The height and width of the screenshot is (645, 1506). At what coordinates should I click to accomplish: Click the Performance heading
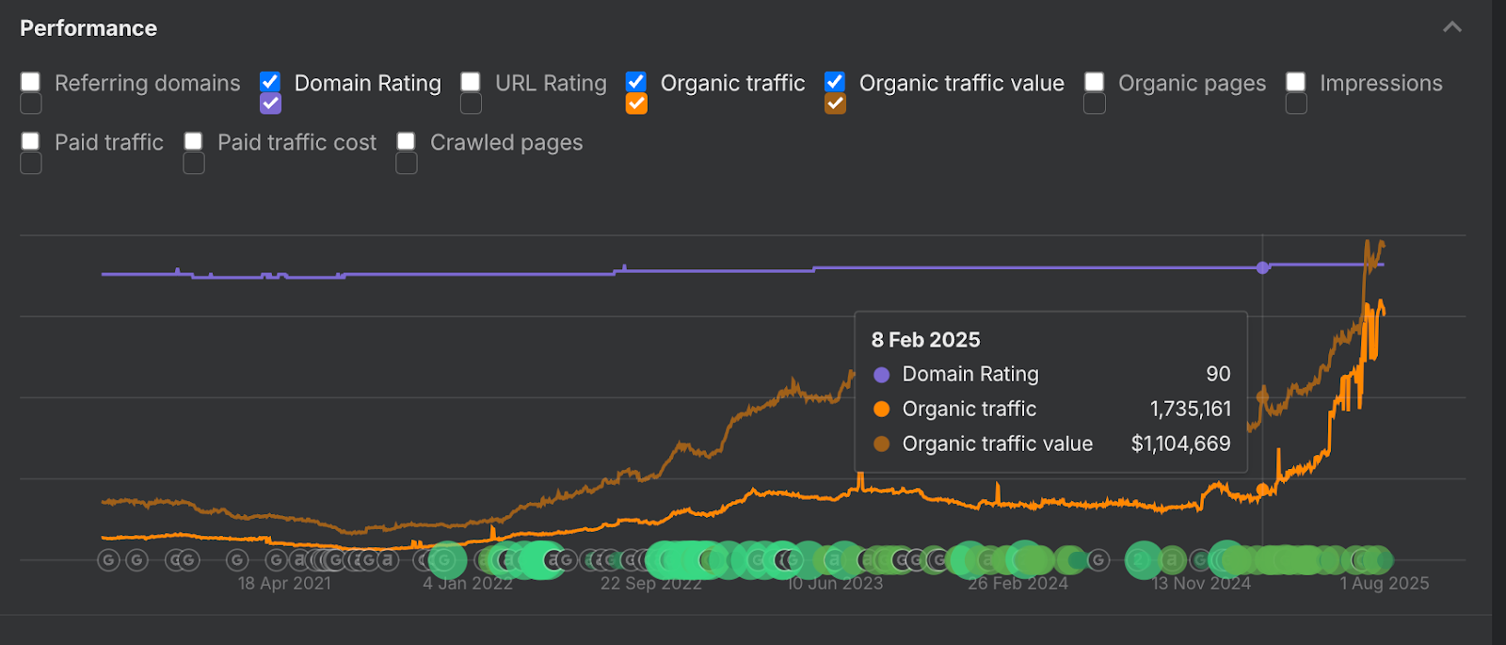[88, 28]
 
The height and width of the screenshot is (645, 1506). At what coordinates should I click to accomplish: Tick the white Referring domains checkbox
[31, 82]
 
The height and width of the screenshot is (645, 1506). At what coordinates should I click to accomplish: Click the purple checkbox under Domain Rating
[270, 104]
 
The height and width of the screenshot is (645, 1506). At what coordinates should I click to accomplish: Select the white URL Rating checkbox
[471, 82]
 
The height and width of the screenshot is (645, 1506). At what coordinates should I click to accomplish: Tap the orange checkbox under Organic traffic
[636, 104]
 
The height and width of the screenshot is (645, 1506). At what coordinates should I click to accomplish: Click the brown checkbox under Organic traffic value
[835, 104]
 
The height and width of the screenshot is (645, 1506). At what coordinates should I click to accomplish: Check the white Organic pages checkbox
[1094, 82]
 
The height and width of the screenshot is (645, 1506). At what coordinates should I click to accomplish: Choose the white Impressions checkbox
[1296, 82]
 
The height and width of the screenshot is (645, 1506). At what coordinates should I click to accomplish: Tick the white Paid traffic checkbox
[31, 141]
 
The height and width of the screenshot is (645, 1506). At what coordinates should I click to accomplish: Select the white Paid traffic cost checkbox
[194, 141]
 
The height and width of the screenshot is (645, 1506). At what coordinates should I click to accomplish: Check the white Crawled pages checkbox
[407, 141]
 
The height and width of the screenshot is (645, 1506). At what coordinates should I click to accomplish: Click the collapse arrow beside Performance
[1452, 27]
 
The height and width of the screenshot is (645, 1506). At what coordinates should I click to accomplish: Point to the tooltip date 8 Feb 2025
[925, 340]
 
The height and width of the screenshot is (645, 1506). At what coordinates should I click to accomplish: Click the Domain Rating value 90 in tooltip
[1218, 374]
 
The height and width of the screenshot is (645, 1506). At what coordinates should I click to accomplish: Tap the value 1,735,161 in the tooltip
[1190, 409]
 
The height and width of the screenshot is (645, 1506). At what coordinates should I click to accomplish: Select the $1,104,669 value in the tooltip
[1180, 443]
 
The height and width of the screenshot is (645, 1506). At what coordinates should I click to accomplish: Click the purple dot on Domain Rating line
[1262, 268]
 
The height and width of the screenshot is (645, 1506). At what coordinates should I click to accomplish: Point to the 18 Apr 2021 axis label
[284, 584]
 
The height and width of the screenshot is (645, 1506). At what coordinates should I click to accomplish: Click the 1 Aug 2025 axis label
[1385, 584]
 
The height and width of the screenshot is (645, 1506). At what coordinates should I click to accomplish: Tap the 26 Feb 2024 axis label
[1017, 584]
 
